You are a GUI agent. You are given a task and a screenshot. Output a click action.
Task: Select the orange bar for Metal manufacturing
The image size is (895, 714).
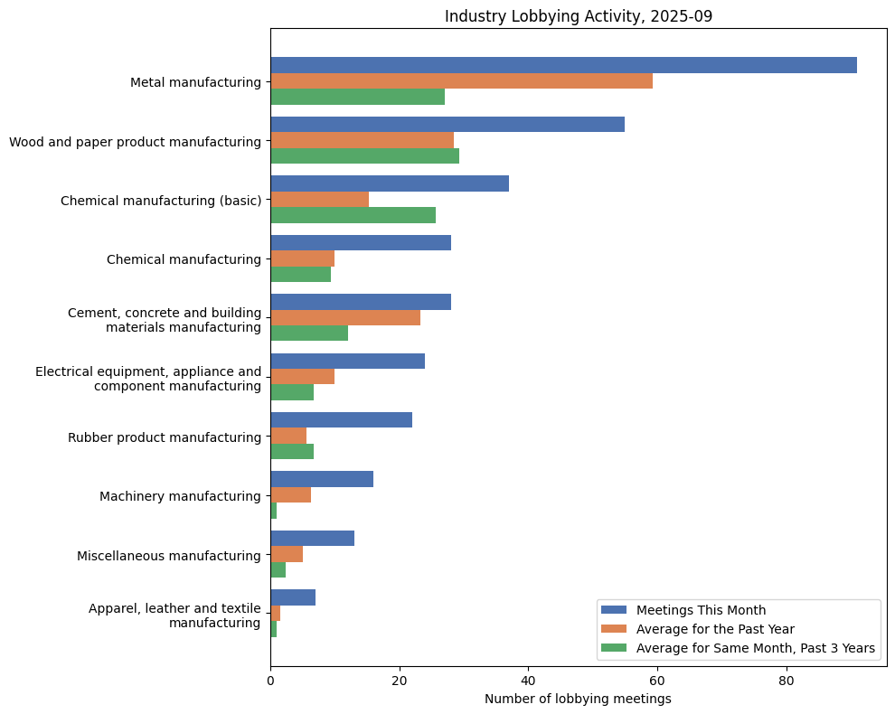(461, 81)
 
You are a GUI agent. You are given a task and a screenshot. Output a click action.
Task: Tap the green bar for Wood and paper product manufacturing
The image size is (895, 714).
(364, 156)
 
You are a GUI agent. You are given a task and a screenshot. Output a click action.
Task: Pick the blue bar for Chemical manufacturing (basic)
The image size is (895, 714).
(390, 183)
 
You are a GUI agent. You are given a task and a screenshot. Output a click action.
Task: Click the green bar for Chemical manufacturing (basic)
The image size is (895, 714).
(353, 215)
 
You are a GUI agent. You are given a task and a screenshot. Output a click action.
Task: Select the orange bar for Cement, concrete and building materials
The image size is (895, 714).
(345, 318)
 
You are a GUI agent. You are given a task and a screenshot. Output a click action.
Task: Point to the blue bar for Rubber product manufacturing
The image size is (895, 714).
(341, 420)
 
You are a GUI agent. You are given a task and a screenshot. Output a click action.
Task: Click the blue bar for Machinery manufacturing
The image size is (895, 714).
(322, 479)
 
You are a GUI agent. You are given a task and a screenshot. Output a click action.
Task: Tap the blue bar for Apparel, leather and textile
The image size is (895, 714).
(293, 597)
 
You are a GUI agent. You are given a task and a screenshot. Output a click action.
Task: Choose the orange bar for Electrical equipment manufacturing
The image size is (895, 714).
(302, 377)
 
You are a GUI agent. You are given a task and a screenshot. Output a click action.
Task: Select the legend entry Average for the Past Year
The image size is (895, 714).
(714, 628)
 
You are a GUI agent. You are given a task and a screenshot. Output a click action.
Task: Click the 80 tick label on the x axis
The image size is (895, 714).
(787, 680)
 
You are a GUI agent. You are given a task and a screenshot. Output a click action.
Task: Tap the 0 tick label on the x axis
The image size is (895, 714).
(270, 680)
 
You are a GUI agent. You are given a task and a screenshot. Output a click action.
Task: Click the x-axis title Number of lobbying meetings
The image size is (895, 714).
(578, 699)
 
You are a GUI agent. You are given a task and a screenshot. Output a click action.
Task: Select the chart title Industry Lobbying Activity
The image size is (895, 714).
(578, 16)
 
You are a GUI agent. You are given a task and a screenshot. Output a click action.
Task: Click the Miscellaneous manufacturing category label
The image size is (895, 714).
(168, 556)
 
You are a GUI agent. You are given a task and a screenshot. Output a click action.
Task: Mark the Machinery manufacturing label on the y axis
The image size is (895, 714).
(180, 496)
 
